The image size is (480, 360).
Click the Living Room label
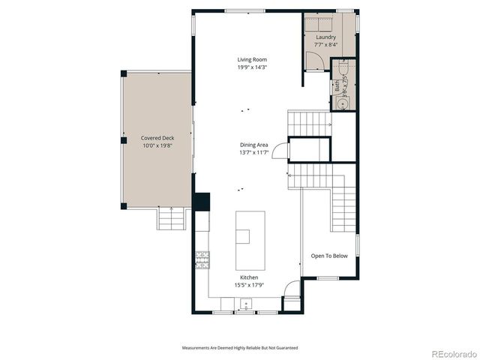pyautogui.click(x=252, y=59)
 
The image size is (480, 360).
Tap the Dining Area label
pyautogui.click(x=254, y=145)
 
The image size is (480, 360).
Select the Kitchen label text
pyautogui.click(x=249, y=277)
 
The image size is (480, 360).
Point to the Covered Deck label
pyautogui.click(x=157, y=138)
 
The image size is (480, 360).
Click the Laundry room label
pyautogui.click(x=325, y=37)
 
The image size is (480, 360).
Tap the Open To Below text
pyautogui.click(x=329, y=256)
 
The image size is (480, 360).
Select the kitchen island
pyautogui.click(x=250, y=239)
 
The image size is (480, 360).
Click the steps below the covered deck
pyautogui.click(x=170, y=219)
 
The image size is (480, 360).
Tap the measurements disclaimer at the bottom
pyautogui.click(x=239, y=348)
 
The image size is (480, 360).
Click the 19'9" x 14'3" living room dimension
pyautogui.click(x=252, y=67)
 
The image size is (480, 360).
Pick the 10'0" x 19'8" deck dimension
pyautogui.click(x=157, y=146)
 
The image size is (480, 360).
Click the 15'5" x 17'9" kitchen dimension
pyautogui.click(x=249, y=285)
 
